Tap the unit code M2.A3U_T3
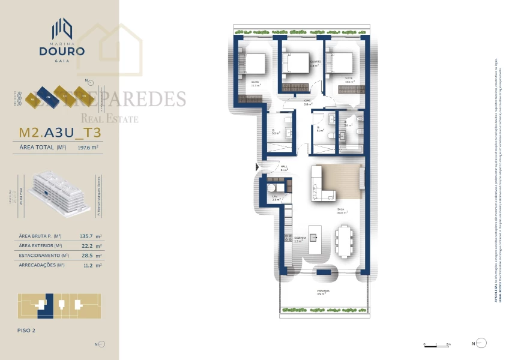pyautogui.click(x=59, y=131)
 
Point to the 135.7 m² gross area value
pyautogui.click(x=91, y=236)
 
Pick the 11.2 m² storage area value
pyautogui.click(x=91, y=265)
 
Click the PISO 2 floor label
pyautogui.click(x=28, y=330)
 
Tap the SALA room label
pyautogui.click(x=340, y=211)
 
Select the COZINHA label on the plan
pyautogui.click(x=299, y=238)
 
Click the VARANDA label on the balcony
pyautogui.click(x=324, y=291)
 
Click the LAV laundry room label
pyautogui.click(x=274, y=199)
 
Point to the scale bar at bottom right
pyautogui.click(x=436, y=344)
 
